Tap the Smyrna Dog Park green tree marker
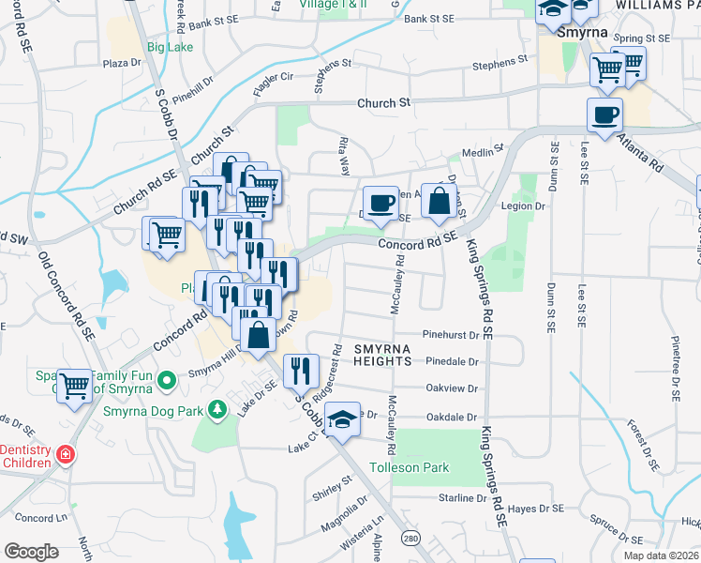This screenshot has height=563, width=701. pos(217,409)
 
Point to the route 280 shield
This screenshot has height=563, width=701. pos(410,538)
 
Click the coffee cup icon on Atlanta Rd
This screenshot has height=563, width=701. pos(604,115)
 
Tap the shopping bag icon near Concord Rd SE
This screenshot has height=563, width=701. pos(439,200)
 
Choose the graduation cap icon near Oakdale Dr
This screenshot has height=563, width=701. pos(343,419)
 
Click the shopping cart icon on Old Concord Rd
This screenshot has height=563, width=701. pos(75,384)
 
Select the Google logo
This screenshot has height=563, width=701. pos(31,551)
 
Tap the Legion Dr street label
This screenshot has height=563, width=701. pos(524,205)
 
